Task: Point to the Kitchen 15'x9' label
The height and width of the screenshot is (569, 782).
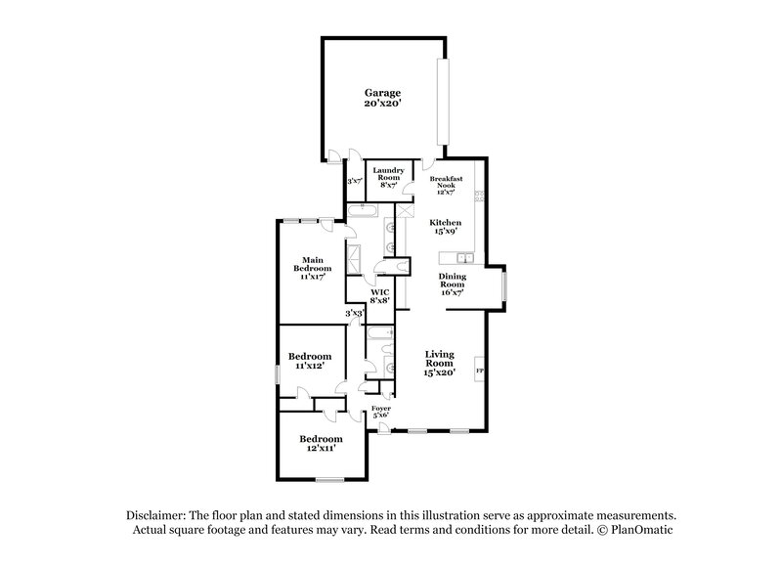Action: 446,227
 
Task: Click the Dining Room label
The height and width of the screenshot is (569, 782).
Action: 451,283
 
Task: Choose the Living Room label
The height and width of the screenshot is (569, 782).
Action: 440,363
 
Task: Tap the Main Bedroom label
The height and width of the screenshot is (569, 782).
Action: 313,268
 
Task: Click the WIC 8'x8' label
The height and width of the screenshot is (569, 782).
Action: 380,296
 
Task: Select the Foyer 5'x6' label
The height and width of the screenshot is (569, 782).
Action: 380,411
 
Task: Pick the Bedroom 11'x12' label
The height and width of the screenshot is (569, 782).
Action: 310,361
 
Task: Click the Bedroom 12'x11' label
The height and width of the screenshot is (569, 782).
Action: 321,444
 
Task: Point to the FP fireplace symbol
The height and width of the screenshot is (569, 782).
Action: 479,372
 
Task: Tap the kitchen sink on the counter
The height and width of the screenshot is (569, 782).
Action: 462,258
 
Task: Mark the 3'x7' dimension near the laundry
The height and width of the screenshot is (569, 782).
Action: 355,181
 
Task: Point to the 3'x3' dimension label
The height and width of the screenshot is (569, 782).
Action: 354,313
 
